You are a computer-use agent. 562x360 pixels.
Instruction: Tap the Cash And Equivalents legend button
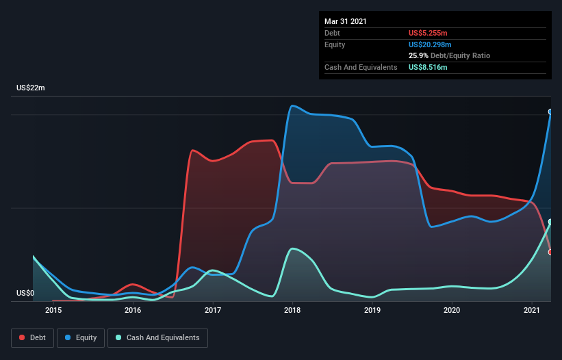tap(157, 337)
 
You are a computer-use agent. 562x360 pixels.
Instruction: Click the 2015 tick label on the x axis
tap(53, 311)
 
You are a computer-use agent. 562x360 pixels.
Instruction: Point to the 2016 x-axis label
tap(133, 311)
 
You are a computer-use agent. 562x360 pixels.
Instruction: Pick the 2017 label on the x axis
tap(213, 311)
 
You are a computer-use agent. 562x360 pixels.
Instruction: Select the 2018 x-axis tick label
tap(293, 311)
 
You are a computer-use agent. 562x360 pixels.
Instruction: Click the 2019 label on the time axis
tap(372, 311)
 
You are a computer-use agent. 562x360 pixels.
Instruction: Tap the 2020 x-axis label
tap(452, 311)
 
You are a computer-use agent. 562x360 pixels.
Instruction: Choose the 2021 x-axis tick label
tap(532, 311)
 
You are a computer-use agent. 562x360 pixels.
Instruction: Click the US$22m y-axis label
tap(31, 88)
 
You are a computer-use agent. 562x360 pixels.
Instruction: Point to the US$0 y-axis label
tap(25, 294)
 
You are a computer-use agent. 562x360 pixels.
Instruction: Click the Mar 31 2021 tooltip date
tap(346, 21)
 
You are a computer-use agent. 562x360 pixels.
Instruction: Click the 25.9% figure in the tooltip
tap(418, 55)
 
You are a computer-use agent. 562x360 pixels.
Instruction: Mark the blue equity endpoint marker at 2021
tap(550, 112)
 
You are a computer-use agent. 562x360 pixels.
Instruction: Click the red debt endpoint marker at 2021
tap(550, 252)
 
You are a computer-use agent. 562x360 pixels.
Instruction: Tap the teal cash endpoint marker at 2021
tap(550, 222)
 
